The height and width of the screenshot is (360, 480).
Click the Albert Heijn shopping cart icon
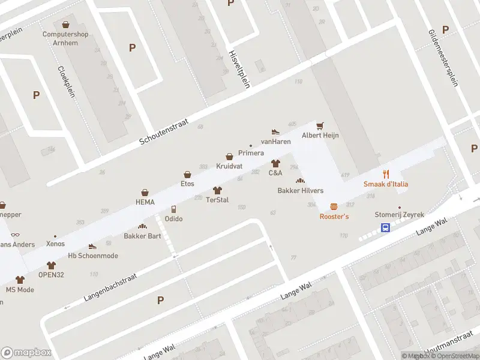[320, 125]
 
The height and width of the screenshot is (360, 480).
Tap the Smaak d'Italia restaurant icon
[386, 175]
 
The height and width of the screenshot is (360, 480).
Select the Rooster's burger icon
[334, 206]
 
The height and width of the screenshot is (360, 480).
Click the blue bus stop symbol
[385, 227]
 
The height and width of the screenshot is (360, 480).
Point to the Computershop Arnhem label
[65, 38]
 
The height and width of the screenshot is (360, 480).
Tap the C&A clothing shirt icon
[275, 163]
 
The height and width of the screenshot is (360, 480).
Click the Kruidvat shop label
[229, 166]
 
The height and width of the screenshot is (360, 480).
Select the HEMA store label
[145, 202]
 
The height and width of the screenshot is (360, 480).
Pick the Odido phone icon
[173, 209]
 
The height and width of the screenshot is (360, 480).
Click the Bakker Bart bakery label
[142, 236]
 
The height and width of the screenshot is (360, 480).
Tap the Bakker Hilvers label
[300, 191]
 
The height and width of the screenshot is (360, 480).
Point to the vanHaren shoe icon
[275, 131]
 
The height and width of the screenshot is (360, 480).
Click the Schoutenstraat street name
[164, 131]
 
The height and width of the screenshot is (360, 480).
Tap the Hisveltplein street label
[239, 69]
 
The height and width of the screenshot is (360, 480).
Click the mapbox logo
[26, 352]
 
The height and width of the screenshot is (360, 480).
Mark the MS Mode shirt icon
[20, 280]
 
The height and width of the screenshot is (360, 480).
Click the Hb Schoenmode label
[92, 256]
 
